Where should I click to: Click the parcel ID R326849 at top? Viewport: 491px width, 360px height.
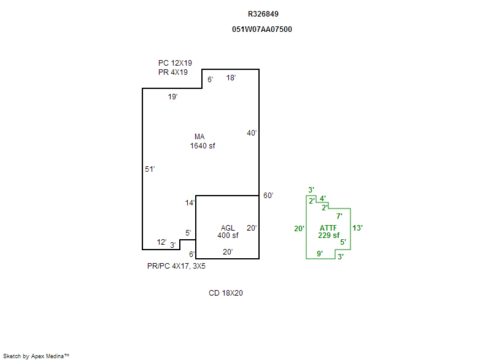click(x=262, y=13)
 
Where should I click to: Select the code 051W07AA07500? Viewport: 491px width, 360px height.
click(x=261, y=29)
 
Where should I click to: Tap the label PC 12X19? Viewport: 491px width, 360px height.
click(x=175, y=63)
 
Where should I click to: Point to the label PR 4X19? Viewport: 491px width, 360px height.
click(x=172, y=72)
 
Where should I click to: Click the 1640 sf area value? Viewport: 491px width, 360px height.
click(x=203, y=146)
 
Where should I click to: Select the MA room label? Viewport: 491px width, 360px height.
click(x=199, y=137)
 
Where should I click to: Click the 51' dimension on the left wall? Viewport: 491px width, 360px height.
click(x=150, y=169)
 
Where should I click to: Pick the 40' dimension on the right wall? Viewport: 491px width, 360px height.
click(x=252, y=133)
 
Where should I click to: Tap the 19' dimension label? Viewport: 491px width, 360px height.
click(x=172, y=97)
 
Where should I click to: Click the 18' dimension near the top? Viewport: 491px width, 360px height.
click(x=231, y=78)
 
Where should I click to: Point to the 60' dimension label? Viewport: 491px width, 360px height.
click(x=268, y=196)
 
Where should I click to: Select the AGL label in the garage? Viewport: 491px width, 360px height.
click(x=228, y=228)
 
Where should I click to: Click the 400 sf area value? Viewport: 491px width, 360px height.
click(x=228, y=236)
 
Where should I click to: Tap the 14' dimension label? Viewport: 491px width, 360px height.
click(x=190, y=203)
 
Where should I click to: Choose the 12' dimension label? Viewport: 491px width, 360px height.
click(x=161, y=242)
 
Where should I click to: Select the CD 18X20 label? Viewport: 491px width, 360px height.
click(x=226, y=293)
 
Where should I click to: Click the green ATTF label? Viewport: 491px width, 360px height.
click(x=328, y=228)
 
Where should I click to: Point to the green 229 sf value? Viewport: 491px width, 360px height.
click(x=329, y=235)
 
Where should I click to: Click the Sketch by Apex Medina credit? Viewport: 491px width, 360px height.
click(x=36, y=356)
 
